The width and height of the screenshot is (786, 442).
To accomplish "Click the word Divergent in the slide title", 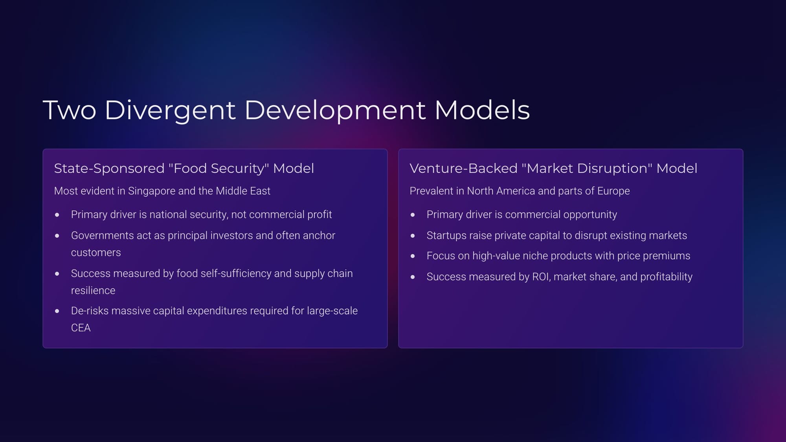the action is [x=170, y=110].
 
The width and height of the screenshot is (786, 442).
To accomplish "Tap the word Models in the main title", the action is [x=482, y=110].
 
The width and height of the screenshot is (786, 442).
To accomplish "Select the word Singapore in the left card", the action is [x=152, y=191].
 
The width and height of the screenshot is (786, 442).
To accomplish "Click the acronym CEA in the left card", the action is [x=81, y=328].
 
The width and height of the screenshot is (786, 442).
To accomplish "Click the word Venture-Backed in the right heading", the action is [x=464, y=168].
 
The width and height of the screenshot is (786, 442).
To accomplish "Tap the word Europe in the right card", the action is [x=613, y=191].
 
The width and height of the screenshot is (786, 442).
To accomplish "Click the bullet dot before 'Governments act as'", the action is [x=57, y=236].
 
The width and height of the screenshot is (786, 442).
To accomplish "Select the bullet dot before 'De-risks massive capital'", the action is [x=57, y=311].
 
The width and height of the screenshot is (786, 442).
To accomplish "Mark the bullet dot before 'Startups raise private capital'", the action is [x=413, y=236].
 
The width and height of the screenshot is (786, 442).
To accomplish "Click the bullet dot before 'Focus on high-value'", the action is [x=413, y=256].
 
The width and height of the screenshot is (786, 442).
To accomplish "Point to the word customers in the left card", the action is [x=96, y=253].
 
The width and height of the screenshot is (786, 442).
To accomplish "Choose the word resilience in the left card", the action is [x=93, y=290].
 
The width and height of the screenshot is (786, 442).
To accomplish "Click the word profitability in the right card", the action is [x=666, y=277].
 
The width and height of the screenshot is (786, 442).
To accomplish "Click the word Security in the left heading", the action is [x=240, y=169].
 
